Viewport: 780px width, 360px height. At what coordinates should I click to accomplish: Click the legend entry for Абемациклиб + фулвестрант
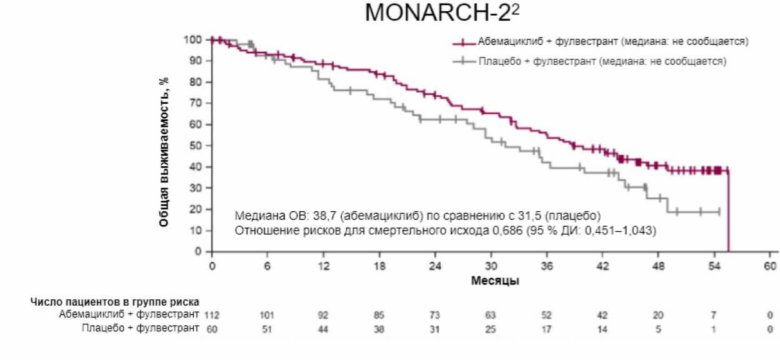tap(612, 41)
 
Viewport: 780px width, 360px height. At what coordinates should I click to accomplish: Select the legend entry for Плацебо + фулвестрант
tap(601, 61)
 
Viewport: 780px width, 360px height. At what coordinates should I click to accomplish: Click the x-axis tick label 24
tap(435, 265)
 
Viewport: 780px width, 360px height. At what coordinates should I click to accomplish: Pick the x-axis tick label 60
tap(769, 265)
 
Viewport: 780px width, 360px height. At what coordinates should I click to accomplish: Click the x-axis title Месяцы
tap(494, 281)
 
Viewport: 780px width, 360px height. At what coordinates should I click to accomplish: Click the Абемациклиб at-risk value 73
tap(436, 314)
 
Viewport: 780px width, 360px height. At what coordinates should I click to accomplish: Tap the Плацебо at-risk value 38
tap(379, 328)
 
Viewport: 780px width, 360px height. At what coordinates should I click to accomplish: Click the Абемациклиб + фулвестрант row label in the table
tap(129, 314)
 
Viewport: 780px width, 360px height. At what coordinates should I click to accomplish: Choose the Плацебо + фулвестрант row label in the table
tap(140, 328)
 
